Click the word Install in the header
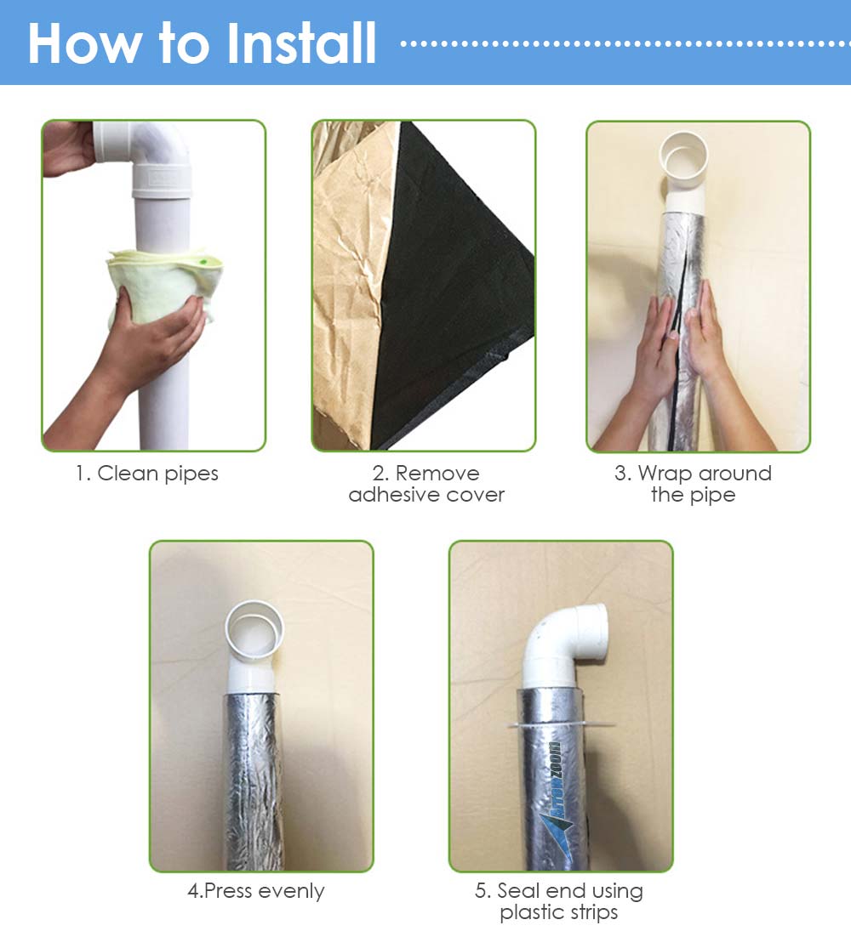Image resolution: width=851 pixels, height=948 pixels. coord(301,43)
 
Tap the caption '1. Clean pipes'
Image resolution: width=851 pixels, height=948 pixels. coord(146,474)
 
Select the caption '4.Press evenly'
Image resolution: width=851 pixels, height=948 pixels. coord(256,891)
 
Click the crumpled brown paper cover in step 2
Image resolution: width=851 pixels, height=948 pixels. coord(351,284)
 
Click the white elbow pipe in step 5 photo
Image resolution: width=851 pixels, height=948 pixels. coord(563,647)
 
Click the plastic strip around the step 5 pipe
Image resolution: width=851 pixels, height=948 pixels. coord(560,724)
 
